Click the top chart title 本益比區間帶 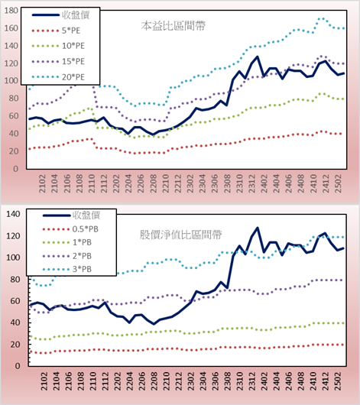click(x=174, y=26)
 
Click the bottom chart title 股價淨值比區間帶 click(x=180, y=235)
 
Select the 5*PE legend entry click(x=71, y=31)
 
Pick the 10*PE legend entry click(x=73, y=46)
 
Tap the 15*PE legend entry click(x=73, y=61)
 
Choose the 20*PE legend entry click(x=73, y=77)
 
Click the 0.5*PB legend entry click(x=86, y=229)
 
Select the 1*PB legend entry click(x=82, y=242)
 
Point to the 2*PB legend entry click(x=82, y=256)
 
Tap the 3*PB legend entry click(x=82, y=269)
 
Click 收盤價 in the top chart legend click(x=76, y=15)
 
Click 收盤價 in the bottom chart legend click(x=86, y=215)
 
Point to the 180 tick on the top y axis click(x=11, y=11)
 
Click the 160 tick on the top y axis click(x=11, y=28)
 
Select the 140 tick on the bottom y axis click(x=13, y=214)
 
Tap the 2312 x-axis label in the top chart click(x=252, y=183)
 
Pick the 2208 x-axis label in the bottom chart click(x=154, y=381)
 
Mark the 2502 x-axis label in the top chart click(x=338, y=183)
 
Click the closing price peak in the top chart click(x=257, y=57)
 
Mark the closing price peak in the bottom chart click(x=257, y=228)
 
